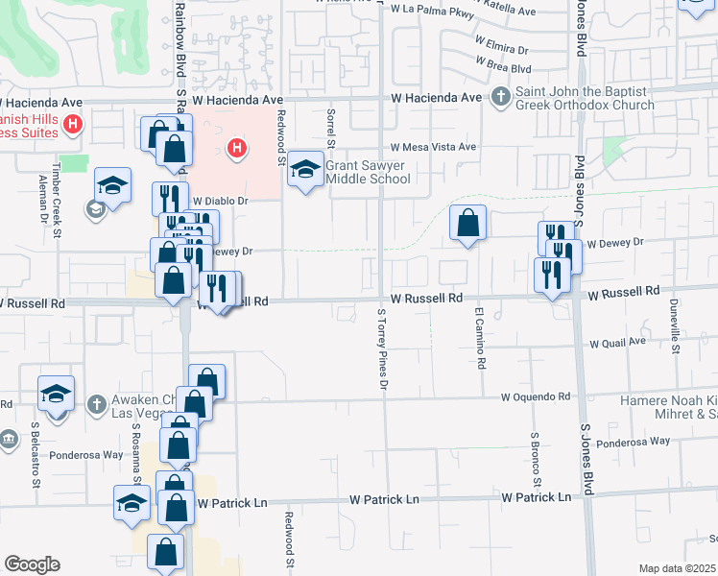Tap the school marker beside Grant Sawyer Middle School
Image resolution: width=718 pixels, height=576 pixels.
point(305,171)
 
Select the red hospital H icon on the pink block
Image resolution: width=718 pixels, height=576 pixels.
point(236,149)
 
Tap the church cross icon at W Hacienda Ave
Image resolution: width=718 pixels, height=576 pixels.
point(500,97)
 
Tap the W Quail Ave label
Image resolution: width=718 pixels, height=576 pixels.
point(617,342)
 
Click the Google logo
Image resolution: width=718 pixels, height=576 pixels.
point(33,564)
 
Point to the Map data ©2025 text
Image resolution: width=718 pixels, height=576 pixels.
point(677,568)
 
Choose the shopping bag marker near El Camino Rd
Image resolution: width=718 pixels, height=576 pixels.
point(467,224)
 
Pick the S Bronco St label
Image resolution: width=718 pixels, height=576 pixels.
point(536,458)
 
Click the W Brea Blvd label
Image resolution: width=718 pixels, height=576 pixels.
point(502,68)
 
